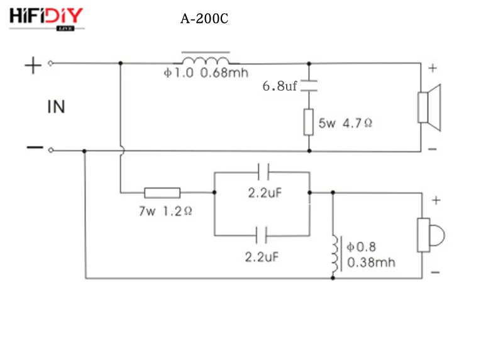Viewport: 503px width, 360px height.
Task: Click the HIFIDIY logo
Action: pos(46,17)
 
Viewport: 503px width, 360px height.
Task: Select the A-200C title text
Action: pos(204,19)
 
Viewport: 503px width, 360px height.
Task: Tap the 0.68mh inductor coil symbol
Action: pos(206,59)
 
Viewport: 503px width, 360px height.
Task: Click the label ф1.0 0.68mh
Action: pos(206,73)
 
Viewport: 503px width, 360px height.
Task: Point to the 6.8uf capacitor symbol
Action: pos(308,86)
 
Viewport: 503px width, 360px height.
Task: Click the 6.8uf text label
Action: pos(279,86)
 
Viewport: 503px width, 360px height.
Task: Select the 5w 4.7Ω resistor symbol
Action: pos(308,121)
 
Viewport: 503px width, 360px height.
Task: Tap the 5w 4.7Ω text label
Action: pos(345,124)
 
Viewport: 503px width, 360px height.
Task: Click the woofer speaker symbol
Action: pos(430,107)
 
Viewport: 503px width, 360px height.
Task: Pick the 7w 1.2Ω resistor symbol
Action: pos(162,193)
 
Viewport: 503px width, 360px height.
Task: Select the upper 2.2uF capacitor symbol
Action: pos(263,171)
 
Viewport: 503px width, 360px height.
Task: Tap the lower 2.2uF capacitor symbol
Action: pos(263,235)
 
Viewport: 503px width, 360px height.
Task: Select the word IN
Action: pos(56,107)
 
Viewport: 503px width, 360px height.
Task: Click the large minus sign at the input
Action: pos(34,149)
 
